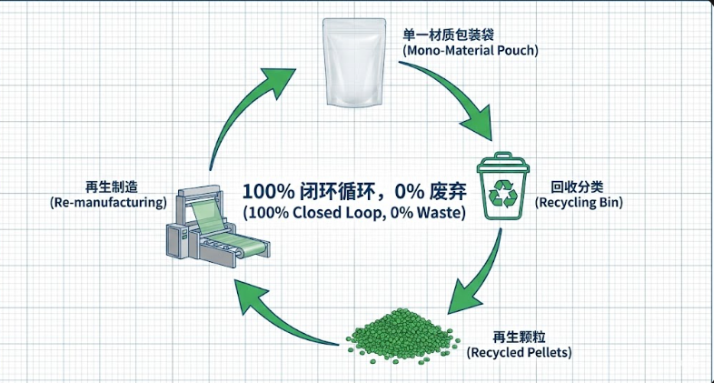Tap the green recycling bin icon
[501, 189]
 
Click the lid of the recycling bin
[501, 164]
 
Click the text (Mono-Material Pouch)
[471, 51]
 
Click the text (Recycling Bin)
[579, 202]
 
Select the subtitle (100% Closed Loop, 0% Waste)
[353, 214]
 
